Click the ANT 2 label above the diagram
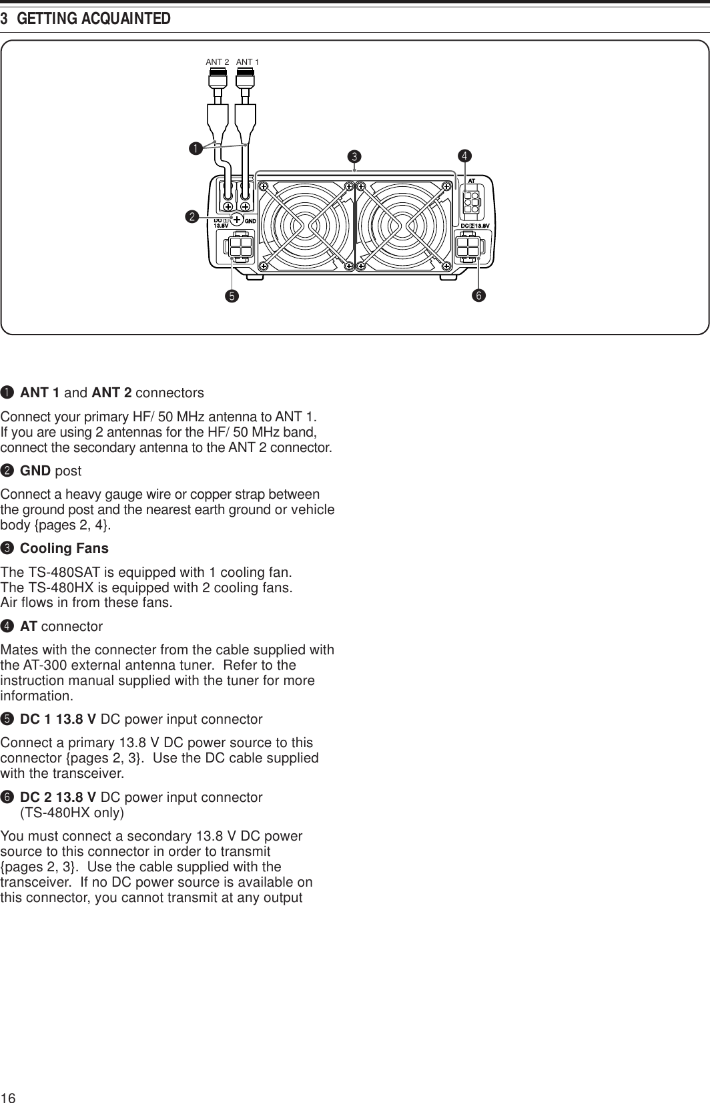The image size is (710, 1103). click(x=217, y=62)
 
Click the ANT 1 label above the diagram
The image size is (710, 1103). click(x=248, y=62)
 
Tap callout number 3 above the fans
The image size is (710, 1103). click(x=355, y=157)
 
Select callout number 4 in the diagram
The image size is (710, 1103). click(x=464, y=156)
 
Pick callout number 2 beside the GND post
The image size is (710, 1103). click(x=192, y=217)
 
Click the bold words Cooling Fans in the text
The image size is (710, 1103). click(x=64, y=549)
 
